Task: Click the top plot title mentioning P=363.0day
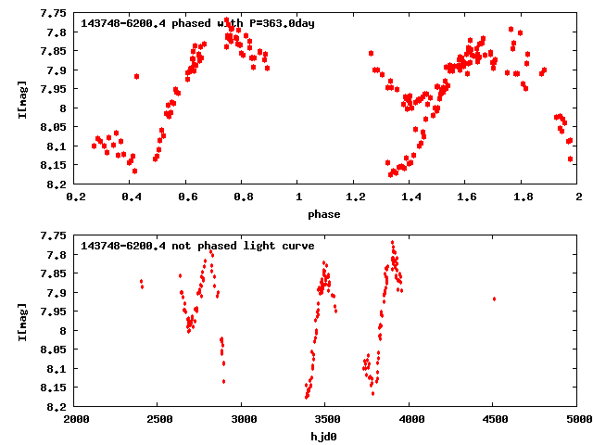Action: click(x=198, y=23)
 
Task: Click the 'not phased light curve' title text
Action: click(x=197, y=247)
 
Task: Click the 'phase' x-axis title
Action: click(x=324, y=214)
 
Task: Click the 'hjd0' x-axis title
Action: click(x=324, y=437)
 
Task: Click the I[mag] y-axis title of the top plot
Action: click(x=22, y=99)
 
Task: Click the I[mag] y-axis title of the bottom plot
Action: click(x=22, y=322)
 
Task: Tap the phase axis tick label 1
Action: click(x=298, y=197)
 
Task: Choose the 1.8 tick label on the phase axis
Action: click(x=523, y=197)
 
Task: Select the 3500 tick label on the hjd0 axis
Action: click(x=326, y=420)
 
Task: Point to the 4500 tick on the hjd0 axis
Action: click(x=494, y=420)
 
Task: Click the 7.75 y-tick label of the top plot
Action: click(x=53, y=14)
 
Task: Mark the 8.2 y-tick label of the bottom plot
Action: click(x=57, y=407)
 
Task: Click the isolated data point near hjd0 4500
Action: click(x=494, y=299)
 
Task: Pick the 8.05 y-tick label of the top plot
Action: click(x=53, y=128)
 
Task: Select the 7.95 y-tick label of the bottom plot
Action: click(x=53, y=312)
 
